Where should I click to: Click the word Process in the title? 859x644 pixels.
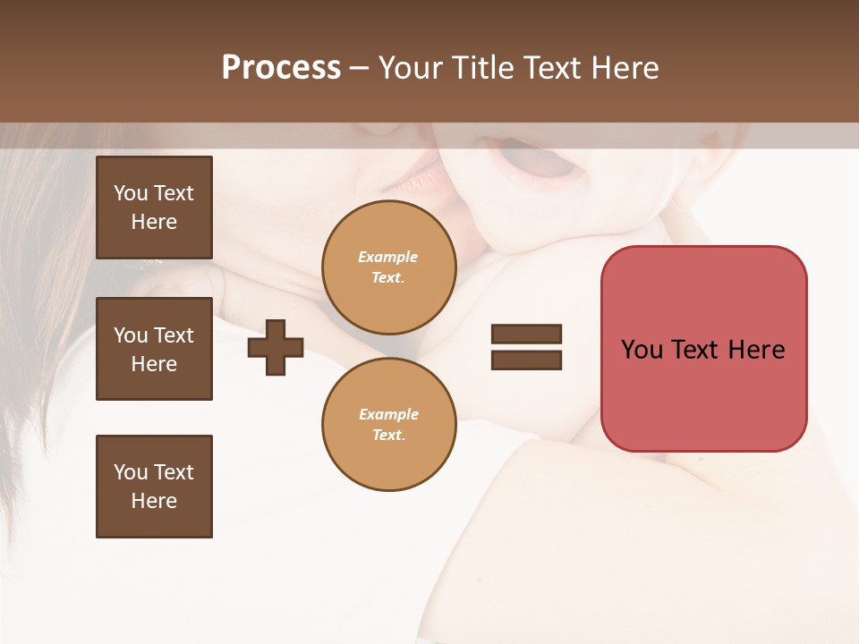pyautogui.click(x=281, y=68)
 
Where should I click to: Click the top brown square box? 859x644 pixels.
pyautogui.click(x=154, y=208)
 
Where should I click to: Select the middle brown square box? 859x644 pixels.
pyautogui.click(x=154, y=349)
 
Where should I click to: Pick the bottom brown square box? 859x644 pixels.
pyautogui.click(x=154, y=487)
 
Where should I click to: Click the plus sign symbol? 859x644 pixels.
pyautogui.click(x=276, y=346)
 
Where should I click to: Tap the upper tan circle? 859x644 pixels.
pyautogui.click(x=389, y=267)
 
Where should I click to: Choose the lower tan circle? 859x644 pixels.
pyautogui.click(x=389, y=424)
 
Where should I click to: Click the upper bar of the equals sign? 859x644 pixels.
pyautogui.click(x=526, y=334)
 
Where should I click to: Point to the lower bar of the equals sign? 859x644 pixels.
pyautogui.click(x=526, y=360)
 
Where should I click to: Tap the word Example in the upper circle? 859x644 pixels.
pyautogui.click(x=388, y=257)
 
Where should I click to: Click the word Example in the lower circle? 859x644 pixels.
pyautogui.click(x=388, y=414)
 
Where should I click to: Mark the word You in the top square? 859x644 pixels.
pyautogui.click(x=131, y=193)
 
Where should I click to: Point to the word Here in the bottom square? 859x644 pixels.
pyautogui.click(x=154, y=501)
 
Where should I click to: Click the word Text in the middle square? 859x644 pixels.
pyautogui.click(x=174, y=335)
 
